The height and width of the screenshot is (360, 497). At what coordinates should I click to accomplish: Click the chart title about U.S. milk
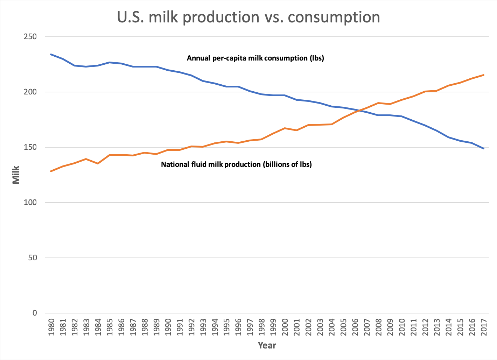pos(248,17)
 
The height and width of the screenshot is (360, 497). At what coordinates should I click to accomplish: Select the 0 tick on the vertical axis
pos(34,313)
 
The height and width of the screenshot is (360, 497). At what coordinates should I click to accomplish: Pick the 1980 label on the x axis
pos(51,327)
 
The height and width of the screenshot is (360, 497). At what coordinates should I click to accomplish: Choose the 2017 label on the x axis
pos(484,327)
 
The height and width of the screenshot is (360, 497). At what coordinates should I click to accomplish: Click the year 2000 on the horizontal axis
pos(285,327)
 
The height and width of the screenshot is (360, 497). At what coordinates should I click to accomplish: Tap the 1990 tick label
pos(168,327)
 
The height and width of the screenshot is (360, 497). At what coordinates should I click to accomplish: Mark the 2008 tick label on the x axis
pos(378,327)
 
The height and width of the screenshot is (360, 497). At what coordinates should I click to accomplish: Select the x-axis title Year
pos(267,346)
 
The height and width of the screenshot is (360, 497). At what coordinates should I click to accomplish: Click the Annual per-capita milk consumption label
pos(255,58)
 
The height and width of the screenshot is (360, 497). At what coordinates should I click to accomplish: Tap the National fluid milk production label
pos(236,164)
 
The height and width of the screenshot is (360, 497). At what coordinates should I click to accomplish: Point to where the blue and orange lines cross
pos(359,111)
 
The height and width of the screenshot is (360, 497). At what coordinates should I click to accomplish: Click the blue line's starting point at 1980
pos(51,54)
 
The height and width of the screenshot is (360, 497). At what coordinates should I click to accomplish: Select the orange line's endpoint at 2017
pos(484,75)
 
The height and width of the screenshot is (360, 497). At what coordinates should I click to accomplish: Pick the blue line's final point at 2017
pos(484,148)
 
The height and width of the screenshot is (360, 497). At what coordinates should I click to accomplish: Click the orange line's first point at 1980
pos(51,171)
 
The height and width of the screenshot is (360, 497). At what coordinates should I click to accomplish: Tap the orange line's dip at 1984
pos(98,163)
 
